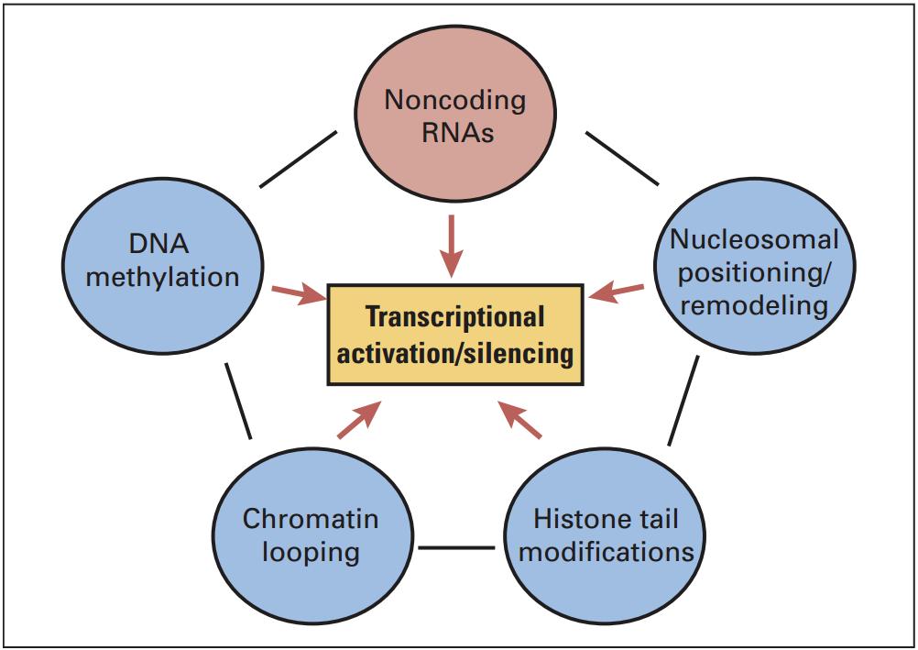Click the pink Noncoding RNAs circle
455,113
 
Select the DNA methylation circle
163,266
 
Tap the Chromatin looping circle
312,535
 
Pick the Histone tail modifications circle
606,535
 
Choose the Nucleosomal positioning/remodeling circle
754,266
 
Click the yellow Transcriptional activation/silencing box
455,334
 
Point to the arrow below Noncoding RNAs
452,246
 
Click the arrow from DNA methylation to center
299,294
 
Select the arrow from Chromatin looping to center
359,420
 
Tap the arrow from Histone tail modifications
519,420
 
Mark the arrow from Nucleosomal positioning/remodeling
617,292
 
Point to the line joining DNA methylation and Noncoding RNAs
298,160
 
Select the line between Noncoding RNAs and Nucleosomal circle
622,159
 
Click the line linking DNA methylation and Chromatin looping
238,401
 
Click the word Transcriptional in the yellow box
455,317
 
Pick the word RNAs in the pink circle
458,132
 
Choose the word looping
311,553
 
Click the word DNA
158,244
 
